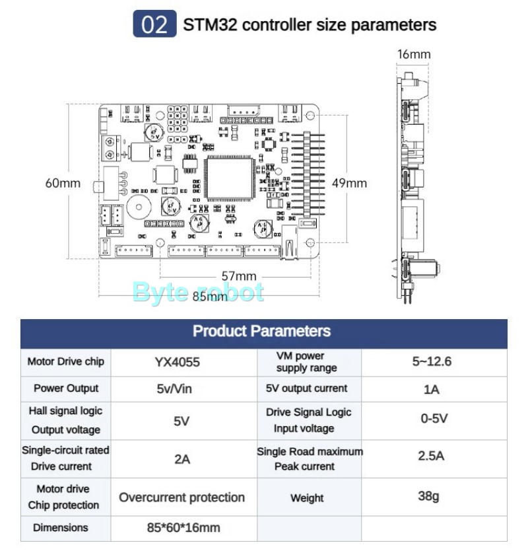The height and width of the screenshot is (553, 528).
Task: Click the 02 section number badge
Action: [154, 24]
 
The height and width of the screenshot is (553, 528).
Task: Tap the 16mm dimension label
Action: [414, 54]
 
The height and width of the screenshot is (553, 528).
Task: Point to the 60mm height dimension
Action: [63, 183]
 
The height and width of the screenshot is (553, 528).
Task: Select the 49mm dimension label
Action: [349, 183]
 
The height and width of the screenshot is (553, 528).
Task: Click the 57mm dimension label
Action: [239, 276]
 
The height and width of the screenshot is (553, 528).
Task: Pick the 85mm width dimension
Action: [210, 296]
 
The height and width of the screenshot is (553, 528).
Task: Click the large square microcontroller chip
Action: [229, 179]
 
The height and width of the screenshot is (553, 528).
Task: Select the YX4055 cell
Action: [177, 362]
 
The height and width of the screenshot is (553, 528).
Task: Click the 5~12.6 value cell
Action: [432, 361]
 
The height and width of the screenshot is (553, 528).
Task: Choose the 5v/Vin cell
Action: [174, 389]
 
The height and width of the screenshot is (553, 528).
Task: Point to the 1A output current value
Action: [432, 389]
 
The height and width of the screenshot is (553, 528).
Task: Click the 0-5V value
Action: [434, 419]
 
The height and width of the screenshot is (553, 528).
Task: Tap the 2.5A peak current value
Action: [431, 456]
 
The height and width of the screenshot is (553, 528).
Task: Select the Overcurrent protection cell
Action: [181, 498]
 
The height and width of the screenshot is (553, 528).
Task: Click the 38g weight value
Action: [428, 496]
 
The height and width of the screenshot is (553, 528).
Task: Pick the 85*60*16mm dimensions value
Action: [183, 528]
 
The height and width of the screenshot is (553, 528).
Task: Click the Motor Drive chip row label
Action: [65, 361]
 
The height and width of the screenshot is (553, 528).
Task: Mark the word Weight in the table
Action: [307, 498]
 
